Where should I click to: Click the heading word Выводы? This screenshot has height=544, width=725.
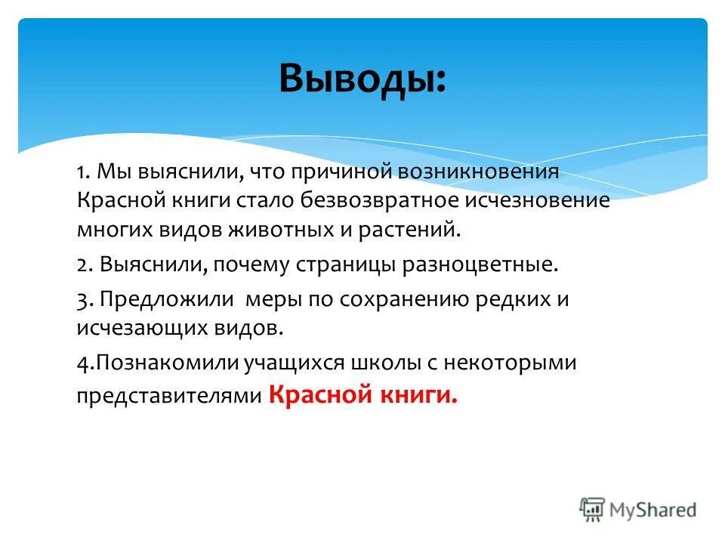(362, 79)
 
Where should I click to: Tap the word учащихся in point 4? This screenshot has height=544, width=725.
(293, 363)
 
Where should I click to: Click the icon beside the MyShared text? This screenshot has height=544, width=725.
(594, 508)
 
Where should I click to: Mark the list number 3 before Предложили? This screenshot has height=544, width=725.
(82, 299)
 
